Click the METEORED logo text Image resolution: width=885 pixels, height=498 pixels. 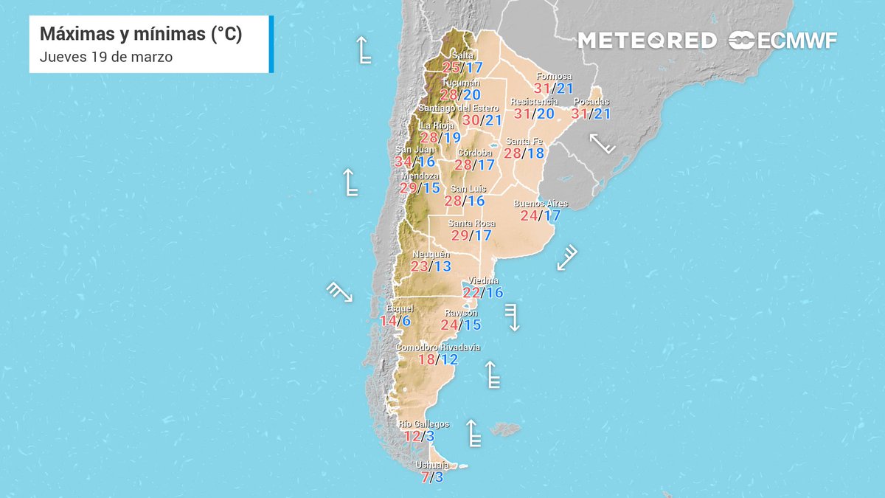point(646,41)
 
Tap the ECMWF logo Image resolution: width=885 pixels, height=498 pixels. point(782,41)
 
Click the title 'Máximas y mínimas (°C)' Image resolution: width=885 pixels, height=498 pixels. point(141,34)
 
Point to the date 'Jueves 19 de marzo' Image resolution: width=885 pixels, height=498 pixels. point(106,57)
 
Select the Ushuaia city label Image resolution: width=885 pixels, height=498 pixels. point(432,466)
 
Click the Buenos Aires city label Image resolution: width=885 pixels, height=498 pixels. point(540,203)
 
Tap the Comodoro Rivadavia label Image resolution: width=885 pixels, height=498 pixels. point(438,347)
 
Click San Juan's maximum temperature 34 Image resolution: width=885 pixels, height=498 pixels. point(403,162)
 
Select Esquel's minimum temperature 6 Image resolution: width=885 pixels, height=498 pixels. point(406,321)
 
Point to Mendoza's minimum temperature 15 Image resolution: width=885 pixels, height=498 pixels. point(431,188)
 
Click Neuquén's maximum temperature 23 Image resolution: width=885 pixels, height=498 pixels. point(420,266)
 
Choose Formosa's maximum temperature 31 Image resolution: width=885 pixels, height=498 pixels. point(543,88)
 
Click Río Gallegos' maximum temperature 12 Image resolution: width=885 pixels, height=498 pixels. point(412,436)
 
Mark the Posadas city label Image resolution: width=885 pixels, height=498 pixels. point(591,102)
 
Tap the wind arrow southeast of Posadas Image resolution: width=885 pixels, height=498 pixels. point(602,142)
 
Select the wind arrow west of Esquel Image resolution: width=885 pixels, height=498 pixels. point(339,291)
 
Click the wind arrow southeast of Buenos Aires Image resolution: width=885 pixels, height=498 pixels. point(566,257)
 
